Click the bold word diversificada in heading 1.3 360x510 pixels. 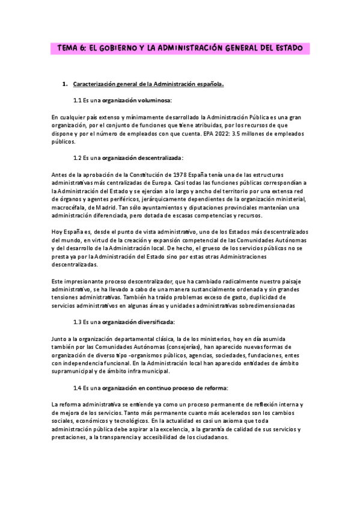click(x=153, y=322)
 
